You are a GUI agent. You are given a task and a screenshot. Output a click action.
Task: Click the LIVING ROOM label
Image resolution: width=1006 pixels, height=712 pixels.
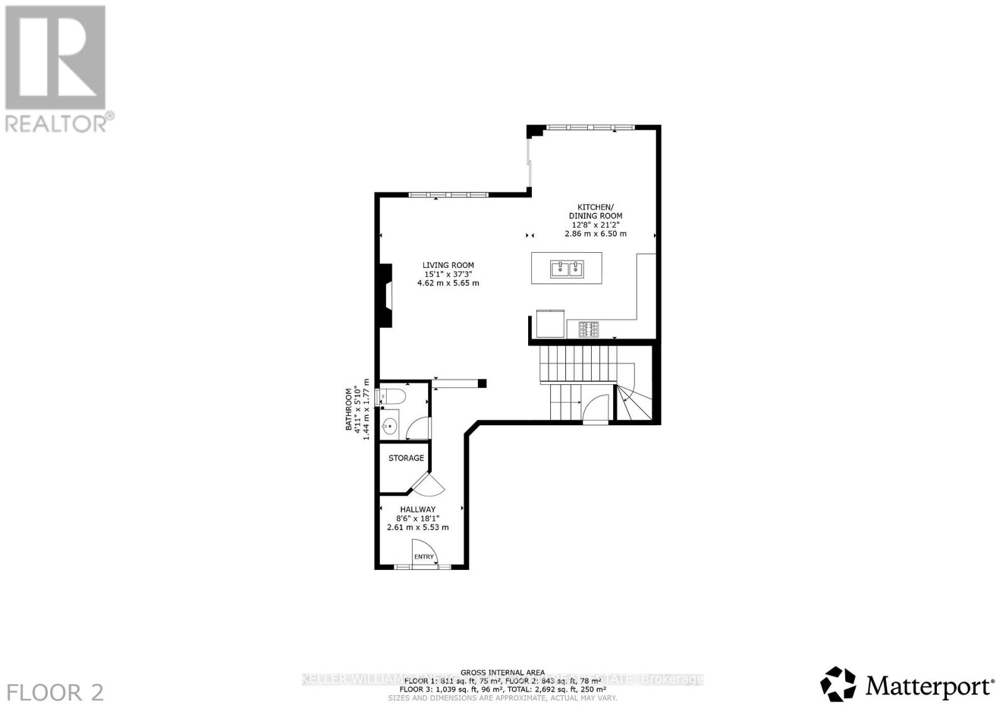pyautogui.click(x=448, y=265)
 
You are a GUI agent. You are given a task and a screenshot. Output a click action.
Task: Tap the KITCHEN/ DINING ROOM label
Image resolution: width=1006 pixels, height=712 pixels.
pyautogui.click(x=595, y=211)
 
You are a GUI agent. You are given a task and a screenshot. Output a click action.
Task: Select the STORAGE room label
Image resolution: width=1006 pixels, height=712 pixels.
pyautogui.click(x=406, y=458)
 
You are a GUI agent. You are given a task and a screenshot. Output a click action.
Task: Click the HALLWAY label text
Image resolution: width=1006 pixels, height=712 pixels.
pyautogui.click(x=417, y=509)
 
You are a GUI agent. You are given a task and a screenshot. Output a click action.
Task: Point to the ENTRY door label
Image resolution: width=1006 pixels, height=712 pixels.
pyautogui.click(x=424, y=557)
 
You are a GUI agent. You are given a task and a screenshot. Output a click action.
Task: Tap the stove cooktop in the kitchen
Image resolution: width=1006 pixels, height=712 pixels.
pyautogui.click(x=589, y=328)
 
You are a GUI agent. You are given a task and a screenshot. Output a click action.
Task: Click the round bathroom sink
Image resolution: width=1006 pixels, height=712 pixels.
pyautogui.click(x=390, y=426)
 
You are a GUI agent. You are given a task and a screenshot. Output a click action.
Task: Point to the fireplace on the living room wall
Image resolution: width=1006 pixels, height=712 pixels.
pyautogui.click(x=384, y=296)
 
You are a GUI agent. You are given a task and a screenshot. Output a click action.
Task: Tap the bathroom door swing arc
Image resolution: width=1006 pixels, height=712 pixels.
pyautogui.click(x=419, y=429)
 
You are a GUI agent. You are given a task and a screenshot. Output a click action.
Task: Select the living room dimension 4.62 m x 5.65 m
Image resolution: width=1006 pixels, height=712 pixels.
pyautogui.click(x=448, y=283)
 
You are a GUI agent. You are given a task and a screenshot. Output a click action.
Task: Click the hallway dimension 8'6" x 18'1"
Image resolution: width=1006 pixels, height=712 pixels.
pyautogui.click(x=417, y=518)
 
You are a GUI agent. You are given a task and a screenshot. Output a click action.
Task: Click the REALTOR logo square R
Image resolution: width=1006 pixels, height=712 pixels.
pyautogui.click(x=55, y=58)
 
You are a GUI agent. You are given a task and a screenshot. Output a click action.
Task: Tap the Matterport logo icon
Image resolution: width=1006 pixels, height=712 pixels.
pyautogui.click(x=838, y=684)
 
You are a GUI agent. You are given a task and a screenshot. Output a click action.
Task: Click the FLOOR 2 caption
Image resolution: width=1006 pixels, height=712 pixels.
pyautogui.click(x=55, y=692)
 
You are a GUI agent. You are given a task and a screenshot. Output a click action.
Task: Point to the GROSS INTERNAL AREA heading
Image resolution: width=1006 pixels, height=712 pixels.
pyautogui.click(x=502, y=672)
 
